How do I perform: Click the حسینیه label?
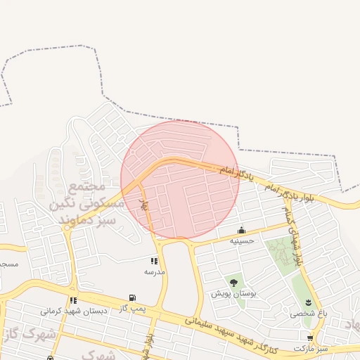click(x=242, y=240)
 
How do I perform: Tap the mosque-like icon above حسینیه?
click(x=242, y=230)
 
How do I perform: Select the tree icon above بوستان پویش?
click(x=233, y=283)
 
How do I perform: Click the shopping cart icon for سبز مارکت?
click(x=310, y=338)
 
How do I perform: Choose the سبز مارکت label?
click(x=311, y=348)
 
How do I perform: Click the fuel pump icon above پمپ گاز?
click(x=131, y=298)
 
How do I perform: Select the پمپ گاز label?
click(x=131, y=309)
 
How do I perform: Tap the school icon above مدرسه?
click(x=154, y=261)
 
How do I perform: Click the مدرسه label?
click(x=154, y=271)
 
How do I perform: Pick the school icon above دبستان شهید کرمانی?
click(x=73, y=300)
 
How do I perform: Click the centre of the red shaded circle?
click(x=180, y=179)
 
